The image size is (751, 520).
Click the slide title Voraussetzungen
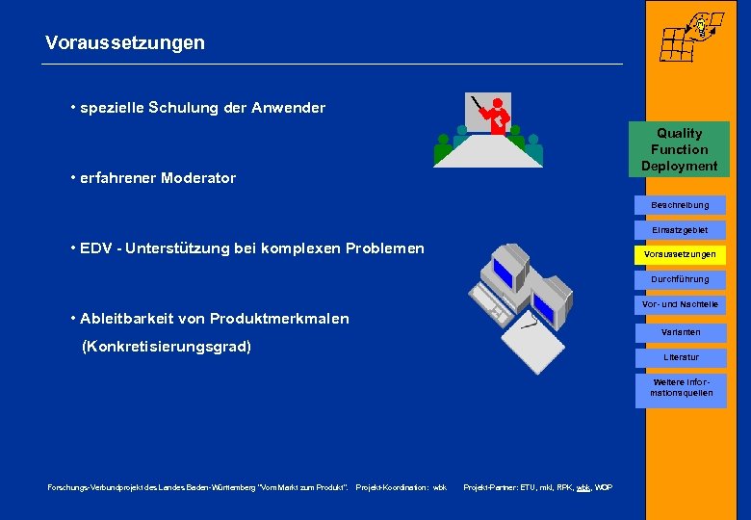pyautogui.click(x=125, y=43)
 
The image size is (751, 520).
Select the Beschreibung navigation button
pyautogui.click(x=680, y=205)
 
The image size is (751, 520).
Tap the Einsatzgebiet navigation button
pyautogui.click(x=680, y=230)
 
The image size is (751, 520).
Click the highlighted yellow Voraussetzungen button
pyautogui.click(x=680, y=255)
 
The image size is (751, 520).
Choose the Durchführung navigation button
pyautogui.click(x=680, y=279)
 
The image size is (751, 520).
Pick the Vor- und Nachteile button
pyautogui.click(x=680, y=305)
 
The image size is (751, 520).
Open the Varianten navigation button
pyautogui.click(x=680, y=332)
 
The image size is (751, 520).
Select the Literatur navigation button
pyautogui.click(x=680, y=357)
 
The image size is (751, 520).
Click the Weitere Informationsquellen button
pyautogui.click(x=680, y=387)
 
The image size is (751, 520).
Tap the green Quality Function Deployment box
pyautogui.click(x=680, y=149)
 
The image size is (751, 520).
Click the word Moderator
pyautogui.click(x=198, y=178)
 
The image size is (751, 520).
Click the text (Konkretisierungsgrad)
pyautogui.click(x=167, y=346)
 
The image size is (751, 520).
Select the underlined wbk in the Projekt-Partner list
pyautogui.click(x=583, y=488)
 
